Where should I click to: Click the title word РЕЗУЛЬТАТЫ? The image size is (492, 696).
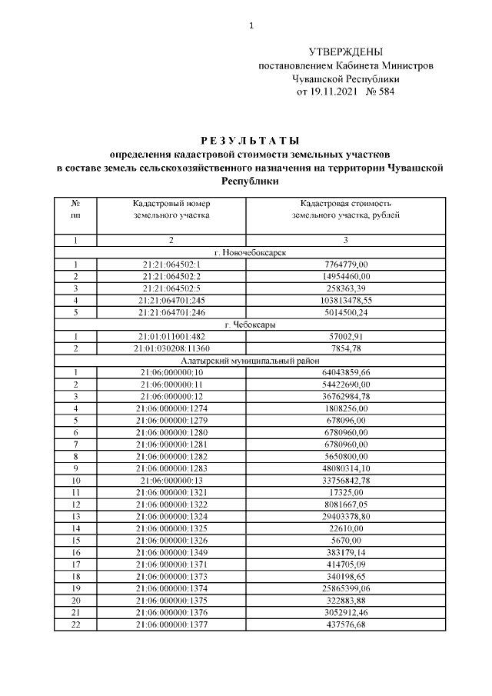pos(246,140)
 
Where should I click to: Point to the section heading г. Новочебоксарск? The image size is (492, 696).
pos(246,253)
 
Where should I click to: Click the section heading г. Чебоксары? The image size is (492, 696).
pos(246,325)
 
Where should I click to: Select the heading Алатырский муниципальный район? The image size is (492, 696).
pos(246,360)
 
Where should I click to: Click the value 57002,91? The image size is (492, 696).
pos(345,336)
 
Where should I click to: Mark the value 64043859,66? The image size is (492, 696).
pos(345,372)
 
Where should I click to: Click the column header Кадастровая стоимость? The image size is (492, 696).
pos(345,203)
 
